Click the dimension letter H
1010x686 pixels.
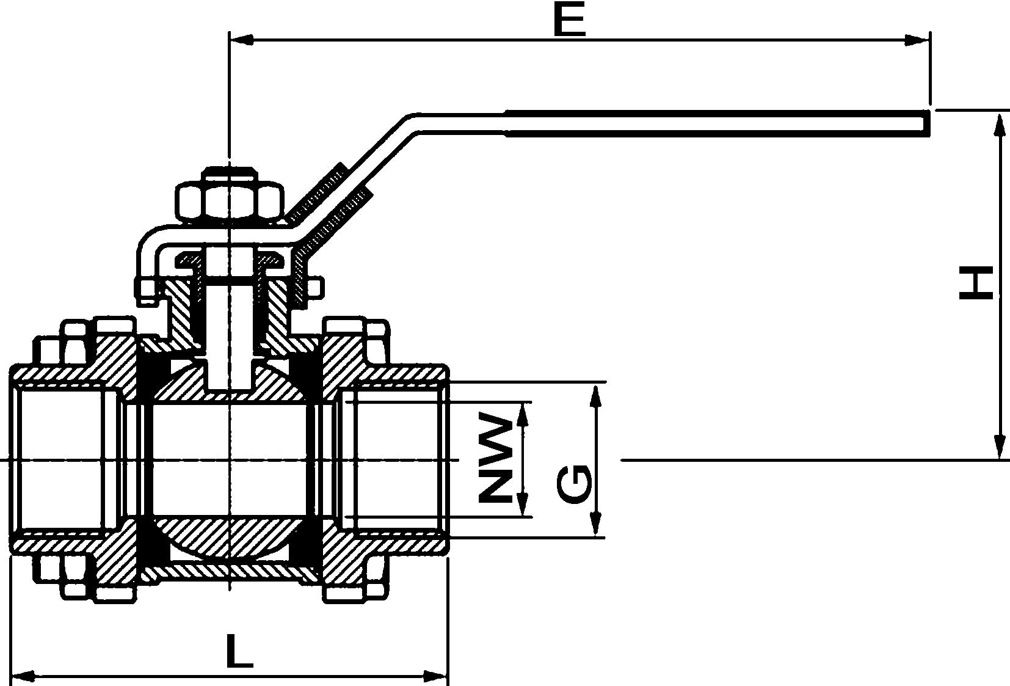tap(976, 283)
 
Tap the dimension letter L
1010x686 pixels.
tap(239, 651)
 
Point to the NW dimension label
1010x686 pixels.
tap(495, 459)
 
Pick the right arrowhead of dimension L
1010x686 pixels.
tap(437, 676)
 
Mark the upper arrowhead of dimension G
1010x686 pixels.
tap(597, 397)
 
